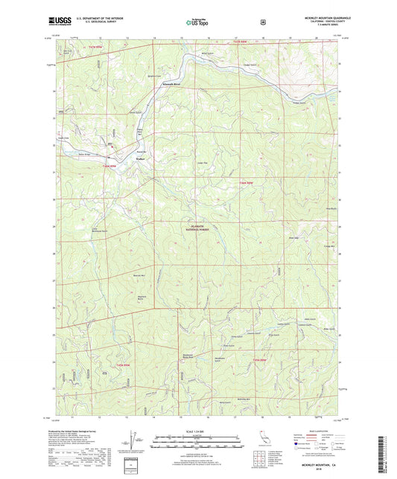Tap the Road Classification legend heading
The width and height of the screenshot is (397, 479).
(317, 429)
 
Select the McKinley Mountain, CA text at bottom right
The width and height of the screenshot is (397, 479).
(320, 464)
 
